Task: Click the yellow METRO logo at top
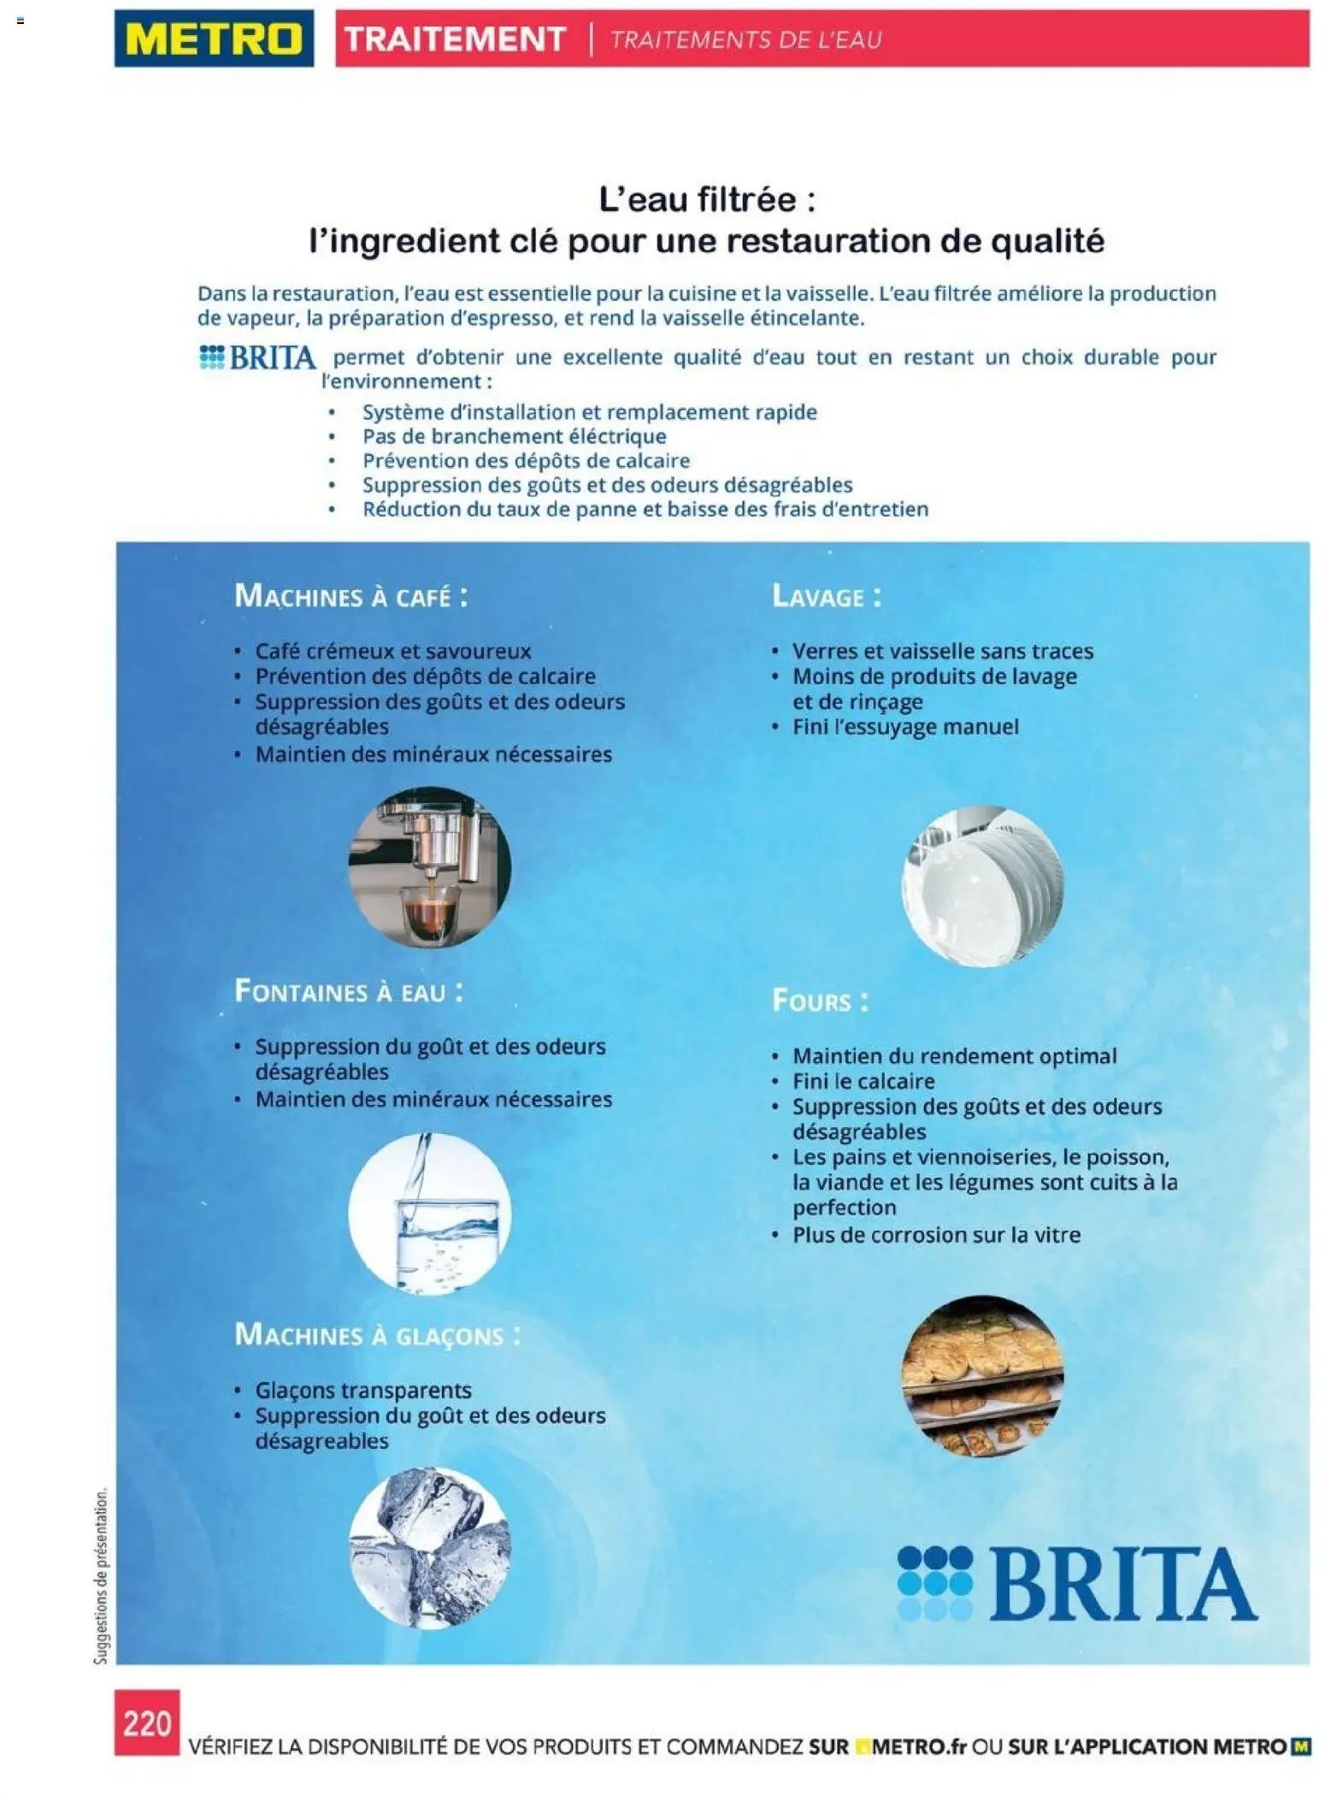[x=214, y=39]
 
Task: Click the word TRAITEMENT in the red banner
[x=455, y=39]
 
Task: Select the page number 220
[x=147, y=1722]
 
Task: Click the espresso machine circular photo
[x=429, y=867]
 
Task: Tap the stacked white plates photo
[x=982, y=886]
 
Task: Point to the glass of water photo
[x=429, y=1213]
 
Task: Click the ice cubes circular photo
[x=429, y=1547]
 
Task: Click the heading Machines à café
[x=351, y=596]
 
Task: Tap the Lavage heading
[x=826, y=596]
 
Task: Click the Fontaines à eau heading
[x=349, y=991]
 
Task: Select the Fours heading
[x=820, y=1001]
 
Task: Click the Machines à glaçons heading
[x=377, y=1334]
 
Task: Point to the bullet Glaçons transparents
[x=362, y=1390]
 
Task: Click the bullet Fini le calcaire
[x=863, y=1081]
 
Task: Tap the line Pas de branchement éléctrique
[x=514, y=436]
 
